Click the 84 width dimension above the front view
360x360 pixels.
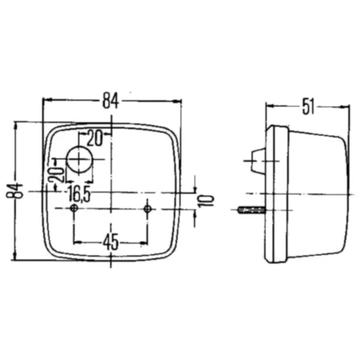click(111, 100)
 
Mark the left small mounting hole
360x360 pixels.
click(73, 208)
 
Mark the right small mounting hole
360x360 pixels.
click(147, 208)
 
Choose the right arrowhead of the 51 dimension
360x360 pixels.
click(344, 107)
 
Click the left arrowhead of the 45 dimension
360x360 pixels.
click(76, 242)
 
